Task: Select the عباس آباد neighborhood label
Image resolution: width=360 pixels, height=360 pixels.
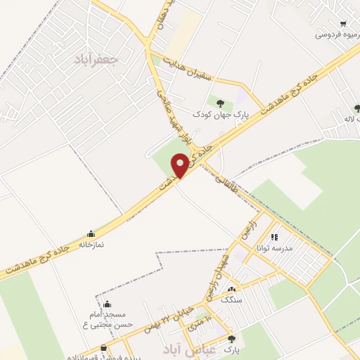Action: [165, 349]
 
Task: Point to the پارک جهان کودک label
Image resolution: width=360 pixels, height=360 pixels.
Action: [221, 115]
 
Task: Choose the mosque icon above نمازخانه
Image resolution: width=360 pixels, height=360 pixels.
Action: [91, 234]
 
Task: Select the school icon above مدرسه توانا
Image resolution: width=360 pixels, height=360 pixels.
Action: [274, 238]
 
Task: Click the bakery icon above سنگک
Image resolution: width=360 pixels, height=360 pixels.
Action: [232, 288]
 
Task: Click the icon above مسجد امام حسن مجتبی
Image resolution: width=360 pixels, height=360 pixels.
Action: [107, 304]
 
